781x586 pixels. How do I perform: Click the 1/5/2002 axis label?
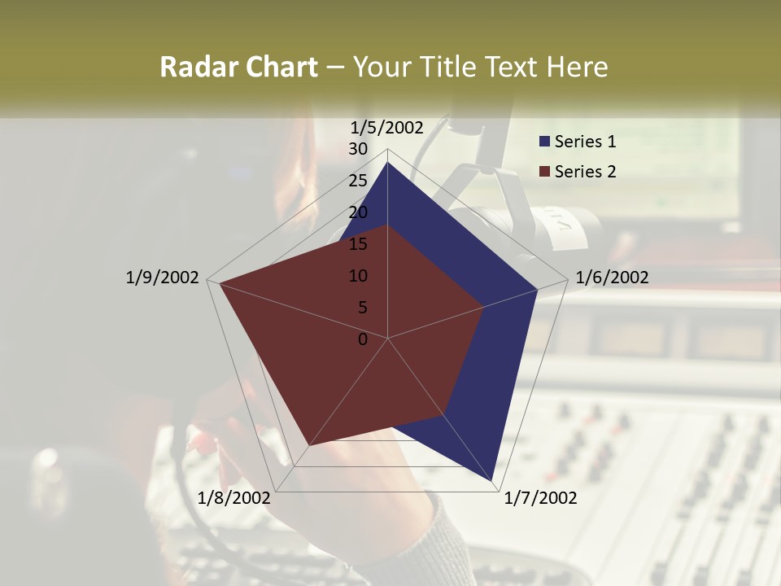click(387, 127)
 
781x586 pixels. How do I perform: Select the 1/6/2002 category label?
click(612, 278)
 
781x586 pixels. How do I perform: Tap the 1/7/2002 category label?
click(540, 498)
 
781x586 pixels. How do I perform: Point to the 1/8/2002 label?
click(234, 498)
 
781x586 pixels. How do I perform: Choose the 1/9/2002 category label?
click(162, 278)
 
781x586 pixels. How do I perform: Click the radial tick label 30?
click(358, 149)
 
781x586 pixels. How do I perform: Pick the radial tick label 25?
click(358, 181)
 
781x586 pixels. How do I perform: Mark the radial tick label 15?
click(358, 244)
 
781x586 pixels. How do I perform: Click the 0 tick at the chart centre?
click(363, 339)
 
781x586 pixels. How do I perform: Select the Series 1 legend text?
click(585, 142)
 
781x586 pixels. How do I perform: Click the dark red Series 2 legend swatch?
click(545, 172)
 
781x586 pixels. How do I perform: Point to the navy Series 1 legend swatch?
click(545, 142)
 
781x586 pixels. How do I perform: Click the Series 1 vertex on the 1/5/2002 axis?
click(387, 163)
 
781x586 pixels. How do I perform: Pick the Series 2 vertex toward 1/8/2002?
click(309, 445)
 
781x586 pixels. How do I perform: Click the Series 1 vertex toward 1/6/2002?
click(537, 289)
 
